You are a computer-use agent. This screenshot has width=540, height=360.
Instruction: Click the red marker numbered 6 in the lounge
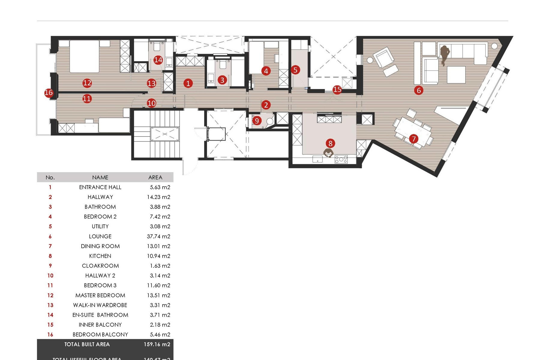point(418,90)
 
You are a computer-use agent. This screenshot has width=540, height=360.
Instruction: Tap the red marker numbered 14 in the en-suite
point(158,60)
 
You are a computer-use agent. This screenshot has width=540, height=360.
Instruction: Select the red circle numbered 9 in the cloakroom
point(256,121)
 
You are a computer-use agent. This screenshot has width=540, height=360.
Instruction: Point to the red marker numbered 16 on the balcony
point(49,93)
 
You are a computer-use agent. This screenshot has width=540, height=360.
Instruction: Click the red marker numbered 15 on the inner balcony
point(337,89)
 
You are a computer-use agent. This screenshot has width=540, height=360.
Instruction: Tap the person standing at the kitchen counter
point(328,153)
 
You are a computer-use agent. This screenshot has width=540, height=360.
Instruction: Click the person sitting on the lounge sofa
point(444,54)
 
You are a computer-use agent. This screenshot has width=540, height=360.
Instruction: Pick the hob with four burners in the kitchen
point(341,159)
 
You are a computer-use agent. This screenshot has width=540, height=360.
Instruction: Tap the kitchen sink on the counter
point(317,159)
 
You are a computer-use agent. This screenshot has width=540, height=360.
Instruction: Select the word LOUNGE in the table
point(100,236)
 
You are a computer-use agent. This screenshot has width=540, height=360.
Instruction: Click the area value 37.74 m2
point(158,236)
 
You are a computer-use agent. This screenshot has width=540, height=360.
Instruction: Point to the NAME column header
point(100,177)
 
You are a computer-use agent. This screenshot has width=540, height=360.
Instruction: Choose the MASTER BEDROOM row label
point(100,295)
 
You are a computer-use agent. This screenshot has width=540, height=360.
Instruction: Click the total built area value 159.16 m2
point(157,344)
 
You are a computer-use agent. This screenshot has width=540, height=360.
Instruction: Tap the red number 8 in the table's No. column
point(50,256)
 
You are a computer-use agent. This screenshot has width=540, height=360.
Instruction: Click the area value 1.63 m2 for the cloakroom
point(160,266)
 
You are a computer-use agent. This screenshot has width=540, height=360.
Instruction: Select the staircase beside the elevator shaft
point(156,133)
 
